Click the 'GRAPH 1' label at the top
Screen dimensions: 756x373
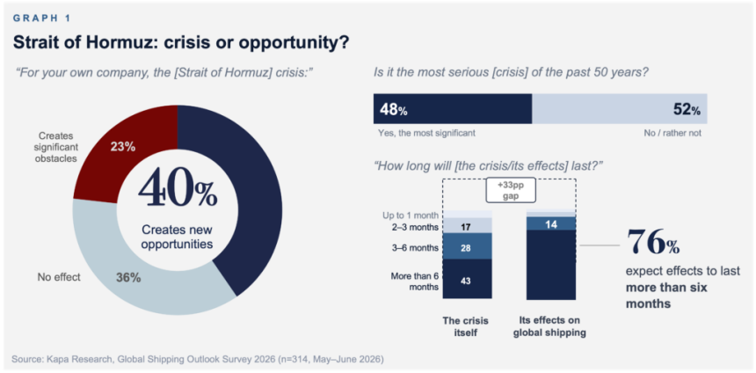[x=42, y=18]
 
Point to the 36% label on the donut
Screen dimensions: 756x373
[x=128, y=278]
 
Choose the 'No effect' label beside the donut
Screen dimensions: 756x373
[x=58, y=277]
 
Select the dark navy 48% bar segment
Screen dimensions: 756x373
[x=453, y=109]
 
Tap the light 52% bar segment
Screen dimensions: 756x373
[x=620, y=109]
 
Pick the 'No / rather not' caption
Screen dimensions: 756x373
[x=672, y=133]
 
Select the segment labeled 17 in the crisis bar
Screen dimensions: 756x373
[x=467, y=225]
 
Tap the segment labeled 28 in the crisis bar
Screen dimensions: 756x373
[x=467, y=246]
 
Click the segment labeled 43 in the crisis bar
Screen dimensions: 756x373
[x=467, y=280]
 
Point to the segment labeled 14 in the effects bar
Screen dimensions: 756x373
[x=551, y=223]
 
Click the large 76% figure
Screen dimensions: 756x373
[x=653, y=243]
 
